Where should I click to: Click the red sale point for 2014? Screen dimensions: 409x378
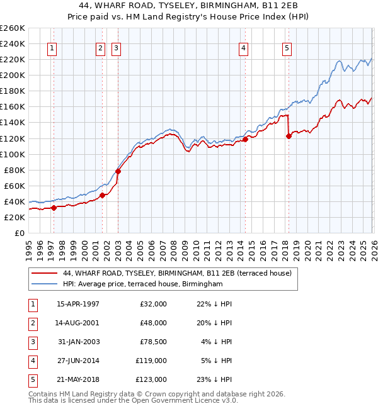pyautogui.click(x=246, y=140)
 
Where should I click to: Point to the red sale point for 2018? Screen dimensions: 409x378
pyautogui.click(x=289, y=137)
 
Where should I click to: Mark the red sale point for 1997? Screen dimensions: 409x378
pyautogui.click(x=54, y=208)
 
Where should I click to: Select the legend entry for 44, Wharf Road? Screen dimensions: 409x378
pyautogui.click(x=177, y=274)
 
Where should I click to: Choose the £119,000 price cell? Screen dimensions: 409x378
pyautogui.click(x=152, y=361)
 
